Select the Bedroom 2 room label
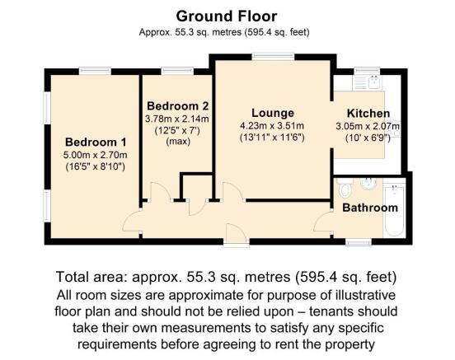[177, 106]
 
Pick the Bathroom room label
[370, 208]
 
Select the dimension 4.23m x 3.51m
[271, 126]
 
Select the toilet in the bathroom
[345, 185]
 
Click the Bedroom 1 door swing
[132, 221]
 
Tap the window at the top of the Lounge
[265, 57]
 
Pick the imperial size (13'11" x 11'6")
[271, 138]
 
